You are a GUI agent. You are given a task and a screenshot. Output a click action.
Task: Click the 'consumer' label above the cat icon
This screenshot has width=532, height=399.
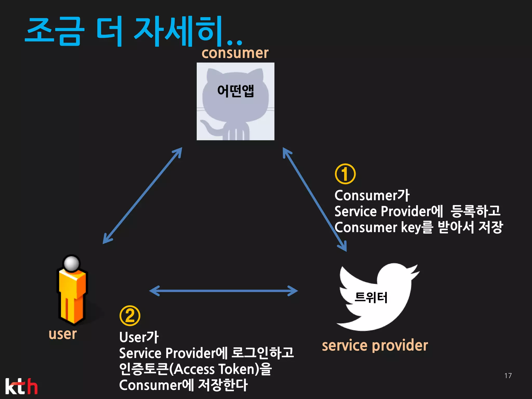click(235, 53)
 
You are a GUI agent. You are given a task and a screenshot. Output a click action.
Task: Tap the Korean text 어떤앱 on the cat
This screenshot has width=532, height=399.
click(235, 91)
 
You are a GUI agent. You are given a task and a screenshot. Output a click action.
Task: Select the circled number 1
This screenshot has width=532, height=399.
click(345, 174)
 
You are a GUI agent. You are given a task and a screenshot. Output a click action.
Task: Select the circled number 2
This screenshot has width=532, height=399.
click(130, 316)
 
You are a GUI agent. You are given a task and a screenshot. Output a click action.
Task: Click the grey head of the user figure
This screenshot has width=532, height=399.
click(71, 263)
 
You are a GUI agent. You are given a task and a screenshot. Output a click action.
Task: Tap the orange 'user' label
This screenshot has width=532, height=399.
click(63, 334)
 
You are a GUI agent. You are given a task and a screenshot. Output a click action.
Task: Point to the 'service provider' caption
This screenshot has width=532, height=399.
click(375, 345)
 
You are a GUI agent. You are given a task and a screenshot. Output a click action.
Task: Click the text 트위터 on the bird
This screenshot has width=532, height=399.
click(371, 297)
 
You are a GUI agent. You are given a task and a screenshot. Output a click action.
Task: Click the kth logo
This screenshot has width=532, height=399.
click(21, 386)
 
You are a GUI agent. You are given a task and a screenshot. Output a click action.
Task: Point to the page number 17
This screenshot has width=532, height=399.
click(508, 376)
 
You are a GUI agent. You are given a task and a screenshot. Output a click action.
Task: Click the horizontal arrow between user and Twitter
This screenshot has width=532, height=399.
click(223, 291)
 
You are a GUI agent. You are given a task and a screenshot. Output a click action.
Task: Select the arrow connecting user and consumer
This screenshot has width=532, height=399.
click(142, 195)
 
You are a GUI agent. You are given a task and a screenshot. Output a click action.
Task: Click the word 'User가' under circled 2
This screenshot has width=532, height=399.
click(139, 337)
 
